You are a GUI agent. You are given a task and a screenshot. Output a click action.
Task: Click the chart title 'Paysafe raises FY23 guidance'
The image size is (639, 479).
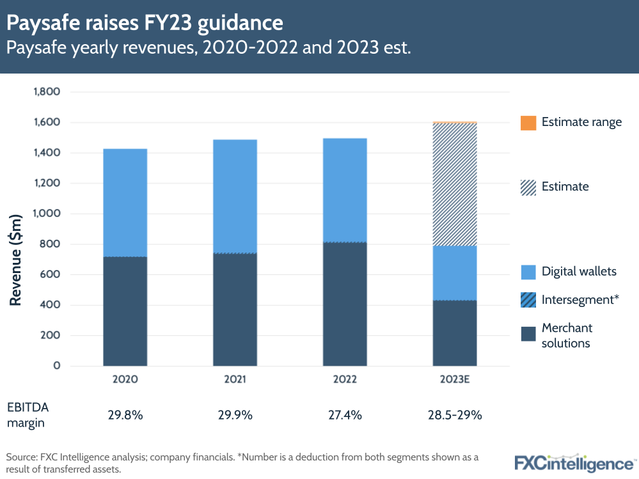tap(145, 24)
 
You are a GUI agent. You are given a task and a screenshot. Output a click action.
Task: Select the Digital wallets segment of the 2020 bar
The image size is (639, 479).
tap(125, 202)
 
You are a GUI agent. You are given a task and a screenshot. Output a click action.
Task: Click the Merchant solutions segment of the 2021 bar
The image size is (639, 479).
tap(235, 310)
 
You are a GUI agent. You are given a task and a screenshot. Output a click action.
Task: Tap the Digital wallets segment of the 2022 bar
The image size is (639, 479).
tap(345, 190)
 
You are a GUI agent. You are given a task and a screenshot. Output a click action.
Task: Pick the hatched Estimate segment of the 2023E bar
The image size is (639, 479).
tap(455, 184)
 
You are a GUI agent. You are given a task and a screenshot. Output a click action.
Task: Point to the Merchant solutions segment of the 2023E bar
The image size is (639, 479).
tap(455, 333)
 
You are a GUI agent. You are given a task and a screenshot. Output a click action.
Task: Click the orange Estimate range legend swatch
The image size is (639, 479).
tap(528, 123)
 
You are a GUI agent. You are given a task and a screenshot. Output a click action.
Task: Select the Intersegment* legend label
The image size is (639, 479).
tap(580, 299)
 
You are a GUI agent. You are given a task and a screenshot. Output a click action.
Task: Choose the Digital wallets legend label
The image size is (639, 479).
tap(579, 271)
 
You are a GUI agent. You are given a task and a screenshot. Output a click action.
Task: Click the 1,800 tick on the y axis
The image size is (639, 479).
tap(47, 92)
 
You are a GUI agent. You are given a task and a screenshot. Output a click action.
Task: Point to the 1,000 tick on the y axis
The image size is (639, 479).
tap(47, 214)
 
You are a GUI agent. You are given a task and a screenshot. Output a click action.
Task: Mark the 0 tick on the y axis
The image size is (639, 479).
tap(57, 366)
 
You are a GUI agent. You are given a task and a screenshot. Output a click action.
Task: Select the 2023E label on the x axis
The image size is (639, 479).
tap(455, 379)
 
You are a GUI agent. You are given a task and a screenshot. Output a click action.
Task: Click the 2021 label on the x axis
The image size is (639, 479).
tap(235, 379)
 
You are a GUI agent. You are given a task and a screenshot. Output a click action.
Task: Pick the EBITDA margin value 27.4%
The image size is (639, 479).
tap(345, 415)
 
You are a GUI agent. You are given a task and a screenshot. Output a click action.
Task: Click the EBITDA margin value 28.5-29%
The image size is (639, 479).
tap(455, 415)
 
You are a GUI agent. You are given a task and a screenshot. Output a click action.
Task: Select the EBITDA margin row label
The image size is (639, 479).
tap(28, 414)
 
